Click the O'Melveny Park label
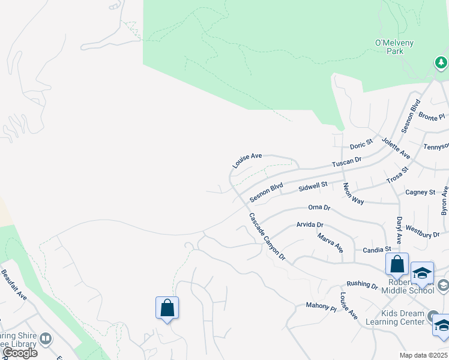(x=395, y=47)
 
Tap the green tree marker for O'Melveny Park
(x=441, y=62)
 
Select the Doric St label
(x=361, y=145)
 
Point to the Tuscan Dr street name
(x=347, y=162)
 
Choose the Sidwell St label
(x=313, y=187)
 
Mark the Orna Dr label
(x=319, y=208)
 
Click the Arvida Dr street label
(x=309, y=225)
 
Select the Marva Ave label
(x=330, y=243)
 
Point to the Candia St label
(x=377, y=249)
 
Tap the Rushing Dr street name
(x=363, y=286)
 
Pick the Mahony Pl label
(x=321, y=308)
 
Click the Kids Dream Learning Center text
(x=399, y=317)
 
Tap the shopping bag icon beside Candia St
(x=397, y=264)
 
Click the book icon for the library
(x=46, y=340)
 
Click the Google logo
(x=20, y=353)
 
